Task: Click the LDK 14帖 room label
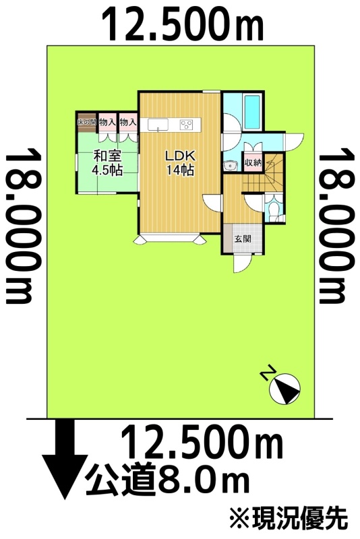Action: click(x=180, y=162)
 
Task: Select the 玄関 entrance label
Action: click(x=243, y=239)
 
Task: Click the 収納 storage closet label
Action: click(x=253, y=162)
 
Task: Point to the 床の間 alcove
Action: click(x=86, y=122)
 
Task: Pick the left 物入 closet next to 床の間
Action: click(x=107, y=122)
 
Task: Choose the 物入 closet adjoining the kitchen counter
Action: click(x=128, y=122)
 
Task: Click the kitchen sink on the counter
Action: click(x=158, y=125)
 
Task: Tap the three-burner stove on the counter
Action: click(x=186, y=125)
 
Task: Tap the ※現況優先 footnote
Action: click(x=289, y=519)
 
